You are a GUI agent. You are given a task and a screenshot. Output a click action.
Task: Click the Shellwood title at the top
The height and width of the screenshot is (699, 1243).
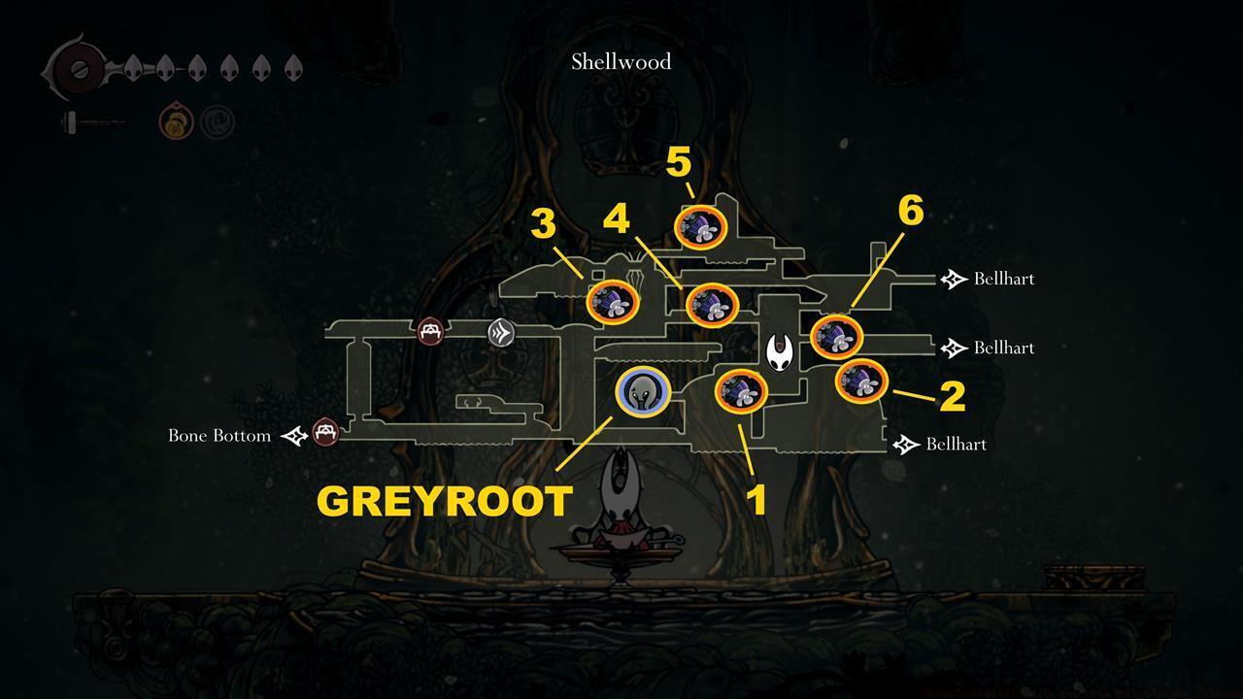pos(621,62)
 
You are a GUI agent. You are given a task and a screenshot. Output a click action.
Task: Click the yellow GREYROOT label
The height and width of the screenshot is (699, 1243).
pos(444,502)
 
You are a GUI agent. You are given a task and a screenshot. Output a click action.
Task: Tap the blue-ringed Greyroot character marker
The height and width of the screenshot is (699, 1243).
pos(643,392)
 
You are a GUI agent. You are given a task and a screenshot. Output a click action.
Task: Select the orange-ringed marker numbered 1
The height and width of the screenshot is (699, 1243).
pos(741,392)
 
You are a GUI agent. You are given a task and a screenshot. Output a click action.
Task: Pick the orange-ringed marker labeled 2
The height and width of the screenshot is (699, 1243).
pos(861,381)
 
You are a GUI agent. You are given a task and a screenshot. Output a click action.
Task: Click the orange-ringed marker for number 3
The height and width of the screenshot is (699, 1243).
pos(614,302)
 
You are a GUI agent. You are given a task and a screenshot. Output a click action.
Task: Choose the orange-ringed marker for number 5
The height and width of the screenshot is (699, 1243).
pos(700,227)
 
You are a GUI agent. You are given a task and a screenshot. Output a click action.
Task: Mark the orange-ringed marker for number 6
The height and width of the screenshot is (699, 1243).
pos(836,336)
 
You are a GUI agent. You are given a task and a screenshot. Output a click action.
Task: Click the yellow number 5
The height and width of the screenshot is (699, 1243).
pos(678,163)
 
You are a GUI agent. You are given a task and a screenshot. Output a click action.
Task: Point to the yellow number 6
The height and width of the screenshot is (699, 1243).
pos(910,211)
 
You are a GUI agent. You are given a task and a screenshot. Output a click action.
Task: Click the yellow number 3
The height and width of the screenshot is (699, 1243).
pos(543,224)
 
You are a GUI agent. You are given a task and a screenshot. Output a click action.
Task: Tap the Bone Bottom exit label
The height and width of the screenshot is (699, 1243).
pos(219,436)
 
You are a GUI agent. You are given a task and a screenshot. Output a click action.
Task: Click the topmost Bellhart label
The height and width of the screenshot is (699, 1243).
pos(1003,280)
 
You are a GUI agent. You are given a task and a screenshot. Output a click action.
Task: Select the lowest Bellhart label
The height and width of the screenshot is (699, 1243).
pos(956,445)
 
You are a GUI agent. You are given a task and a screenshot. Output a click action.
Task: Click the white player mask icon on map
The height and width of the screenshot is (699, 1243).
pos(780,352)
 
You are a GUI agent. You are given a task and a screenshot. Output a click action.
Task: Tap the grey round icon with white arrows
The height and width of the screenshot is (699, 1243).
pos(501,333)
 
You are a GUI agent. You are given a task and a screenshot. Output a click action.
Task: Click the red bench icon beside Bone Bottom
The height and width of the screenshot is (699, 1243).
pos(325,431)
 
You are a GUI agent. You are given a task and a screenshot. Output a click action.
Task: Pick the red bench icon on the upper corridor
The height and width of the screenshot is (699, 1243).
pos(431,331)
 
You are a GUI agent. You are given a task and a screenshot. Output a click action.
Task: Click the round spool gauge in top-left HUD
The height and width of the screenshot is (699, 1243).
pos(73,71)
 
